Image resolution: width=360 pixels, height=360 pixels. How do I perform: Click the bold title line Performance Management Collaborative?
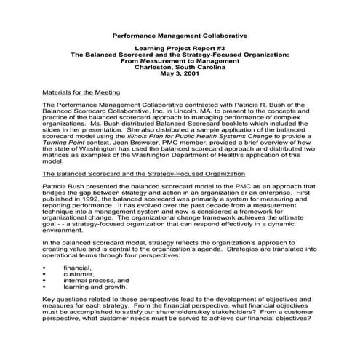pos(180,35)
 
